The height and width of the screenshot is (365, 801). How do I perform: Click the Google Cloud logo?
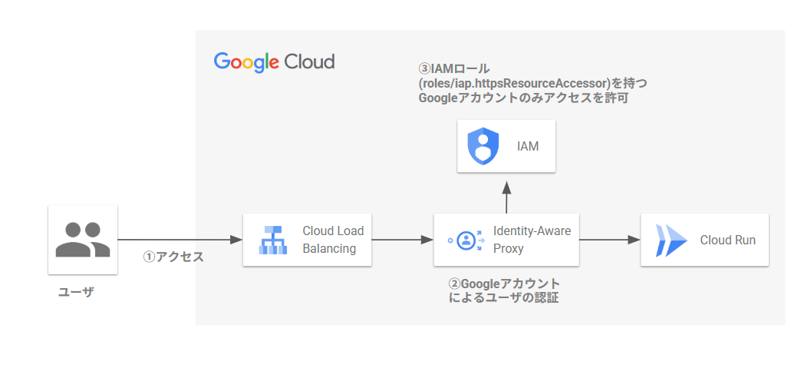pos(275,62)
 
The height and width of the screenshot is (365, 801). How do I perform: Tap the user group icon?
pos(83,240)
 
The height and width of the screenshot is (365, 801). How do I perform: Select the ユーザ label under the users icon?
pos(76,292)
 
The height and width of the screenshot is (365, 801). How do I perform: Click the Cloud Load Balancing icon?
pos(272,240)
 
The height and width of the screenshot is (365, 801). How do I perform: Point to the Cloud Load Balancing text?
pos(333,240)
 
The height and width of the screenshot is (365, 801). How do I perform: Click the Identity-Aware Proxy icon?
pos(465,240)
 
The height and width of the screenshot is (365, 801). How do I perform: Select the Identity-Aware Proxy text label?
pos(532,240)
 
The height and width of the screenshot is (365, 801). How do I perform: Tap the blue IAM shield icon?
pos(483,146)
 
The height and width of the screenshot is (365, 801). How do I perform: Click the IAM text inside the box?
pos(528,147)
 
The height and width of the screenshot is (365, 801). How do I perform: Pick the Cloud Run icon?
pos(671,240)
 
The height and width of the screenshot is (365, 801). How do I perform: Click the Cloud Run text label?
pos(727,240)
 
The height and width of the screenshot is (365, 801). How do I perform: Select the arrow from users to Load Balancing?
pos(180,240)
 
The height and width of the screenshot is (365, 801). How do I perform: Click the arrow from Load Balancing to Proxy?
pos(403,240)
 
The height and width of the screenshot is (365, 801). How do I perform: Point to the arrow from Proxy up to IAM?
pos(506,197)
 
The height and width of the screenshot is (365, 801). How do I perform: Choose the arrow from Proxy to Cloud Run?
pos(609,240)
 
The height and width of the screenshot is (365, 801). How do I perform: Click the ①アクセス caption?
pos(173,257)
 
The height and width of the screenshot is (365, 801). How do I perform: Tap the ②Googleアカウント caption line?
pos(504,284)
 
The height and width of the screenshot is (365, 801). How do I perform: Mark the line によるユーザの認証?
pos(503,297)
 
